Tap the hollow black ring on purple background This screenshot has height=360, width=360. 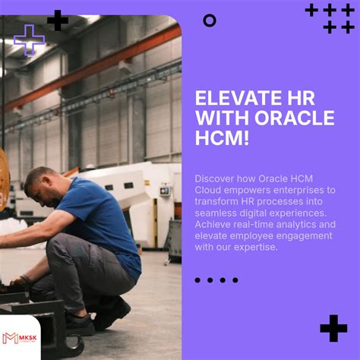(210, 21)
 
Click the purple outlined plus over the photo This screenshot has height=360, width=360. (30, 39)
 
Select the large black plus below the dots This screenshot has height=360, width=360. (333, 328)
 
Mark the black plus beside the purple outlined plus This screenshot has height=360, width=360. (57, 21)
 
